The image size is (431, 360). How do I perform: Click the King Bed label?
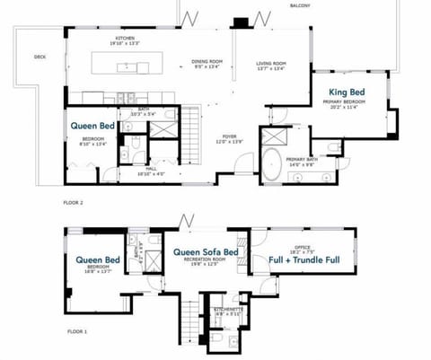click(x=348, y=92)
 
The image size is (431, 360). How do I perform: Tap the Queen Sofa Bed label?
click(x=206, y=252)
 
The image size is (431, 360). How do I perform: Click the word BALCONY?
click(x=300, y=6)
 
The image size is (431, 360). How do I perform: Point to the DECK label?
click(x=40, y=57)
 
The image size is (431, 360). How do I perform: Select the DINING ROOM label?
click(x=207, y=61)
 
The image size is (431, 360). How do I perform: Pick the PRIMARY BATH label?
click(x=300, y=159)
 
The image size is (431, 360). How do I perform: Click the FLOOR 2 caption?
click(x=74, y=203)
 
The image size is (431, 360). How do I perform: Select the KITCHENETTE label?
click(x=224, y=310)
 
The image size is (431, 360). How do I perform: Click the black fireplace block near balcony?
click(x=240, y=23)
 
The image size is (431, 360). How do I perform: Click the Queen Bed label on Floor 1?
click(x=98, y=260)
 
